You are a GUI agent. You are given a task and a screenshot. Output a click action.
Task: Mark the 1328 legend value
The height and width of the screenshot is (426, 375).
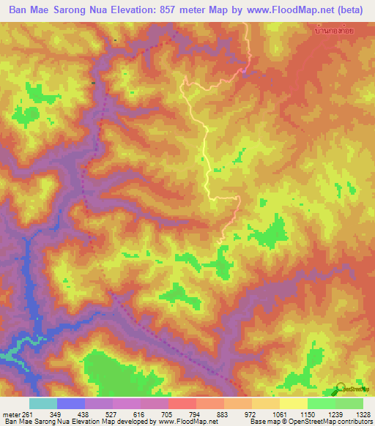tap(361, 415)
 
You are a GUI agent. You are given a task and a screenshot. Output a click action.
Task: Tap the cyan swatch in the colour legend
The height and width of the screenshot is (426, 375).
tap(43, 403)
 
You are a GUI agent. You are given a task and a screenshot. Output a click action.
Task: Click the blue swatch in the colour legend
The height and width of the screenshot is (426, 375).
tap(71, 403)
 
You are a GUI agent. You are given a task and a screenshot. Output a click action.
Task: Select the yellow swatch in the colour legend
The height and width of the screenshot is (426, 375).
tap(294, 403)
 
